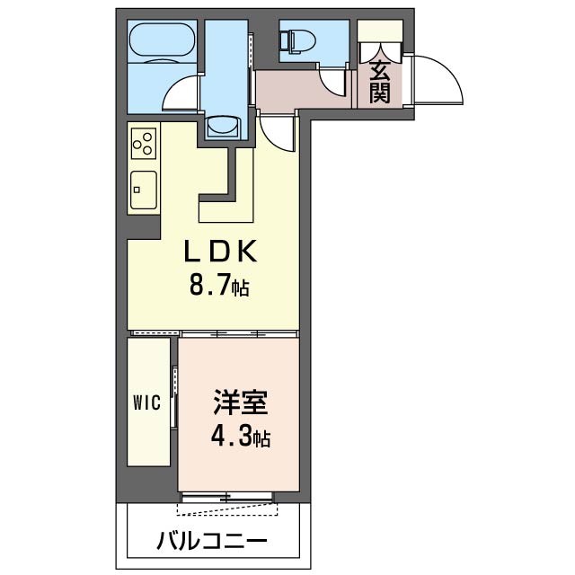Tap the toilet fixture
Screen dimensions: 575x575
click(297, 40)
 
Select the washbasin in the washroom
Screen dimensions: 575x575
click(223, 128)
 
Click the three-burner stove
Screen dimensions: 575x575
click(143, 144)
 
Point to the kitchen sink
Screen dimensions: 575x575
click(144, 190)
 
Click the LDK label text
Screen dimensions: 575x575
click(220, 252)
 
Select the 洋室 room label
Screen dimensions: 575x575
click(241, 402)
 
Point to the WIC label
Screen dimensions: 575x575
click(146, 402)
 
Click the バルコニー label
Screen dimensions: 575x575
click(212, 541)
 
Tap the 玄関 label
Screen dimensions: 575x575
click(379, 82)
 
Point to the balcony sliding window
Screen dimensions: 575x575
click(227, 497)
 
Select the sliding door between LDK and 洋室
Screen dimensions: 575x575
click(238, 333)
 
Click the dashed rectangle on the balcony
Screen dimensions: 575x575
click(227, 509)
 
